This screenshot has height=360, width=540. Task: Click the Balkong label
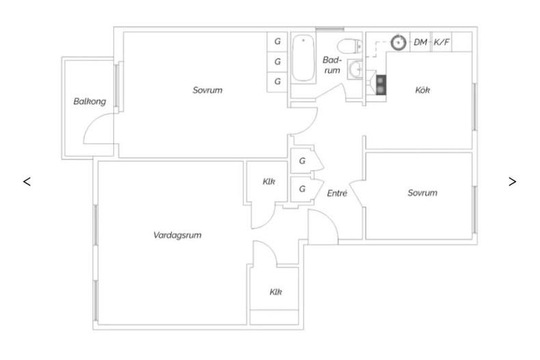[90, 102]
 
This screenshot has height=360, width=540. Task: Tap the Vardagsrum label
[177, 236]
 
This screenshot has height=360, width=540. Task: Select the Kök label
[422, 90]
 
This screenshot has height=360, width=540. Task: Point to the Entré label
[337, 193]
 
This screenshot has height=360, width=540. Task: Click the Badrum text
[332, 65]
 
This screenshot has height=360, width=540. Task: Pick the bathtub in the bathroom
[303, 58]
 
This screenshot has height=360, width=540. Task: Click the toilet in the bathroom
[349, 46]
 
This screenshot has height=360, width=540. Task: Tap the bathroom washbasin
[355, 70]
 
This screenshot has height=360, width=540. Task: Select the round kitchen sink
[399, 42]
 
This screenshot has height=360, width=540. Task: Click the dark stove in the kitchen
[381, 85]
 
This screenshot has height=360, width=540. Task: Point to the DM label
[420, 42]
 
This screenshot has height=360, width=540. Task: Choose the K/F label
[442, 42]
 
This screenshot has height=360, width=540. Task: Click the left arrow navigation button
[27, 182]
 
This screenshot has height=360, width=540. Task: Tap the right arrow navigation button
[513, 182]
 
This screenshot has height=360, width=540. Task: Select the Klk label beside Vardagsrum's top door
[269, 182]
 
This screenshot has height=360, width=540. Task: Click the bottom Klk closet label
[275, 292]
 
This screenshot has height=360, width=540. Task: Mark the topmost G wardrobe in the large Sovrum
[278, 42]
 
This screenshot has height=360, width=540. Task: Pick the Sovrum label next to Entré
[422, 193]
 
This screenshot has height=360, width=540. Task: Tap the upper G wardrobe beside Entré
[302, 161]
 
